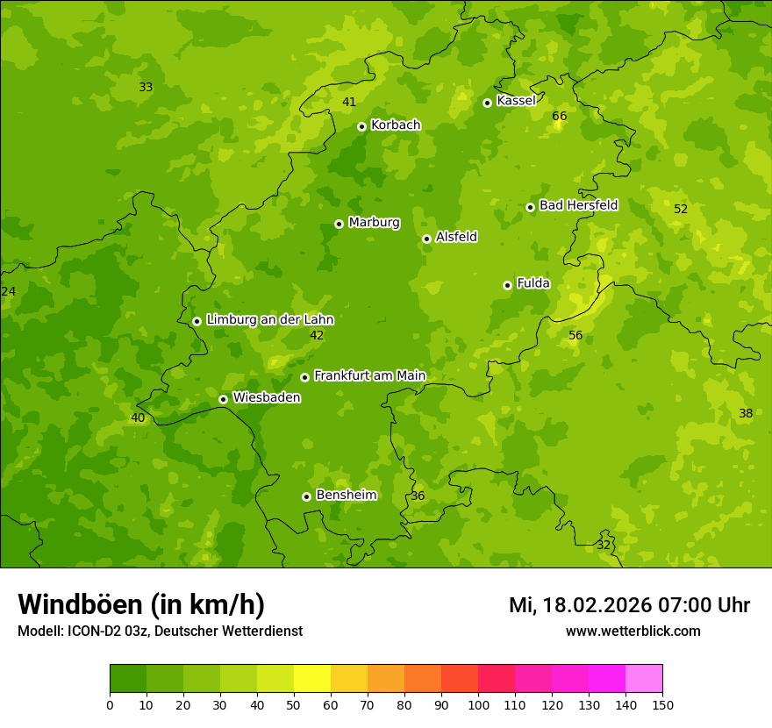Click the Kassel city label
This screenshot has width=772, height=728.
click(x=516, y=101)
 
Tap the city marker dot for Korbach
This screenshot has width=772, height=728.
click(x=361, y=126)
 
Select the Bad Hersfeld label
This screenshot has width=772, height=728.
click(x=578, y=205)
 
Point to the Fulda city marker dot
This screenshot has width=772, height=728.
click(x=507, y=285)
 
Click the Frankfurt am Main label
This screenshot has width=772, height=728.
click(x=369, y=375)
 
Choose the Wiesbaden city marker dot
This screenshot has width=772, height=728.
click(x=223, y=399)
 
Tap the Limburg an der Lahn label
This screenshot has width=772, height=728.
click(x=269, y=319)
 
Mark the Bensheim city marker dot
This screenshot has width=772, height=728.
click(x=306, y=496)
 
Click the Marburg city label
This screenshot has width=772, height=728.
click(x=374, y=222)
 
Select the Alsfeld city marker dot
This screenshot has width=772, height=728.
click(x=426, y=239)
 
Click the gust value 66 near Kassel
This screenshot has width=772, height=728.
click(x=560, y=116)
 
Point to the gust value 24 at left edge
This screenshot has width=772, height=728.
click(x=9, y=291)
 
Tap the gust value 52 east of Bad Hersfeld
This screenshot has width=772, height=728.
click(x=681, y=209)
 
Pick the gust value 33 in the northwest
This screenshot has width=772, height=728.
click(x=146, y=87)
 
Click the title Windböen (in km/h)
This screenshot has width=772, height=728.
click(x=141, y=604)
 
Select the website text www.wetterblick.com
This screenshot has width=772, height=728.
click(x=633, y=631)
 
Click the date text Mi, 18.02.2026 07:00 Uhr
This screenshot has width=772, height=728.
click(x=629, y=605)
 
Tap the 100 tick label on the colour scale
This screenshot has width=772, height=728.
click(x=478, y=704)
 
